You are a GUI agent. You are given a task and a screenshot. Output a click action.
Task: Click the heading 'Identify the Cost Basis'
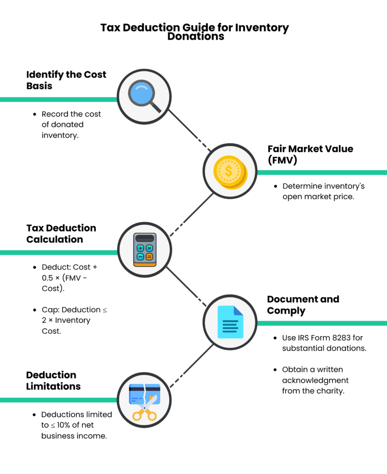click(66, 81)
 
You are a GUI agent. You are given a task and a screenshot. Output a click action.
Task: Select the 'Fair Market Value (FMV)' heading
click(310, 155)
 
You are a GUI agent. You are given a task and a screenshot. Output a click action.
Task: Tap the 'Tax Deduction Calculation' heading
click(61, 234)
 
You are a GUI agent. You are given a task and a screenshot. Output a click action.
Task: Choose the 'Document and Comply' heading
click(303, 305)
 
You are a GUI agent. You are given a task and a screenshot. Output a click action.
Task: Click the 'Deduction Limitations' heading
click(53, 380)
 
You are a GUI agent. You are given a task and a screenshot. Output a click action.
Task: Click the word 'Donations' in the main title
click(196, 36)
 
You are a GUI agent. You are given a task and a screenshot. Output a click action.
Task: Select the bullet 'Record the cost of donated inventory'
click(71, 125)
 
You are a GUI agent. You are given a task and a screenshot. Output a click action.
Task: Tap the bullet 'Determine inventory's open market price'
click(324, 192)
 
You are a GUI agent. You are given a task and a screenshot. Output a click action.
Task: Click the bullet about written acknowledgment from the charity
click(315, 380)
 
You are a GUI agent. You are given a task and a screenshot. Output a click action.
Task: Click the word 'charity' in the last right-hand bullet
click(330, 391)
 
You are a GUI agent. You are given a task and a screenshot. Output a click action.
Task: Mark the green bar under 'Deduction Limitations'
click(58, 400)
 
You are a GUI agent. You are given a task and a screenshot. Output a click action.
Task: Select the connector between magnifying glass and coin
click(187, 131)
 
